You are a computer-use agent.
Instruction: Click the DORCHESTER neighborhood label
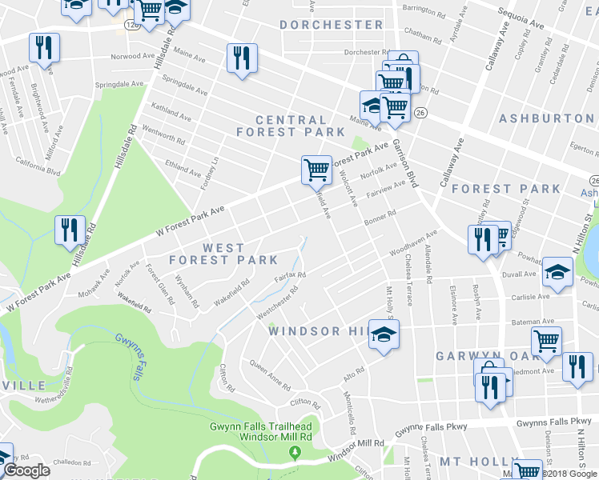pos(331,25)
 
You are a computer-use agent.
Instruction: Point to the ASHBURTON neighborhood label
pos(547,118)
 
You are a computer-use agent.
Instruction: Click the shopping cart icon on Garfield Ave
pos(316,170)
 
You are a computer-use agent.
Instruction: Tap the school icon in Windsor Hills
pos(384,333)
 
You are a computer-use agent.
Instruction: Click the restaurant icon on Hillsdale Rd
pos(70,230)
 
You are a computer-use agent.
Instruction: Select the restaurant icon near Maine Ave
pos(241,58)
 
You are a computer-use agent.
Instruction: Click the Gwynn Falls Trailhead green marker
pos(295,454)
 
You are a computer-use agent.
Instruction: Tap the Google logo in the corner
pos(26,471)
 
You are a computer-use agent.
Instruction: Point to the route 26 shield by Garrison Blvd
pos(420,114)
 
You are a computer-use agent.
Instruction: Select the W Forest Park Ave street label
pos(191,222)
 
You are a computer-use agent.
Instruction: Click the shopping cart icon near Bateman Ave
pos(546,340)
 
